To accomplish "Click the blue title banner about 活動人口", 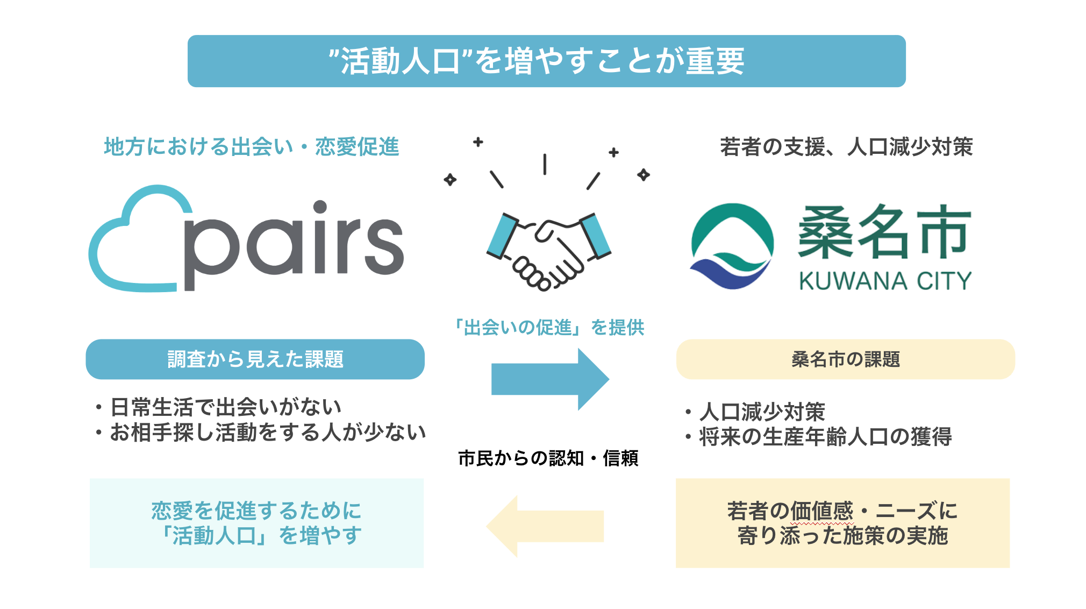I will [546, 61].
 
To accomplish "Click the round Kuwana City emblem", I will [732, 246].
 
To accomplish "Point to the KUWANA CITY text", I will [885, 281].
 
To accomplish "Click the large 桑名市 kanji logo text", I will [884, 231].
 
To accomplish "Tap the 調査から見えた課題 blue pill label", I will [255, 359].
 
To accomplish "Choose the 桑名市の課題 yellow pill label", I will [845, 359].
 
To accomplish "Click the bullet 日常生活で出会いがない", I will [226, 407].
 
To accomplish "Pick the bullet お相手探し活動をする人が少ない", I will [268, 433].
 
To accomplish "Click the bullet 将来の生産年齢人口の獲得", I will [825, 437].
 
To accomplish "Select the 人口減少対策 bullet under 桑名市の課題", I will [762, 412].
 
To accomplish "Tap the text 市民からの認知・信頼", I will [548, 458].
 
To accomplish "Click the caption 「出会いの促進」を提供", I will [548, 327].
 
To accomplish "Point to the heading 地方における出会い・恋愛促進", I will [251, 147].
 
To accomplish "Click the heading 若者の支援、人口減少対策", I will [846, 147].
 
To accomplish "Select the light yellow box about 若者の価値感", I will [842, 523].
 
